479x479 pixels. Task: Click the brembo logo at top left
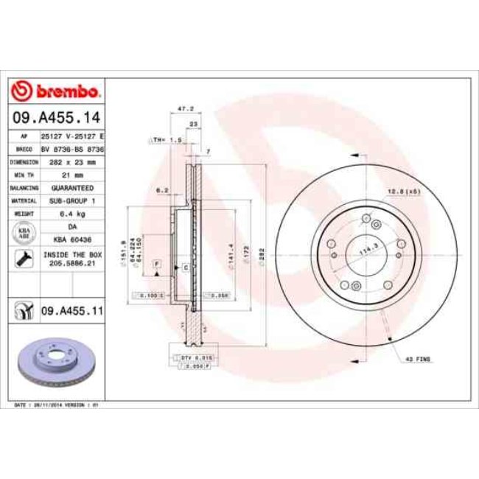(57, 91)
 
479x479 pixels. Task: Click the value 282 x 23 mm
(71, 160)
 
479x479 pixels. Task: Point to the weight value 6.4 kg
(71, 213)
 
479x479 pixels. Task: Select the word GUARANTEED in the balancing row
(71, 187)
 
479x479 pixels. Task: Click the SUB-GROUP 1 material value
(71, 200)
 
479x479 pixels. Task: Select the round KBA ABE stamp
(24, 233)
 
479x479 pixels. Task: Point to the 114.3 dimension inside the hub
(363, 251)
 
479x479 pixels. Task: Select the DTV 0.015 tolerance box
(196, 357)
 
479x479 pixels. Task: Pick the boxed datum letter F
(157, 263)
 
